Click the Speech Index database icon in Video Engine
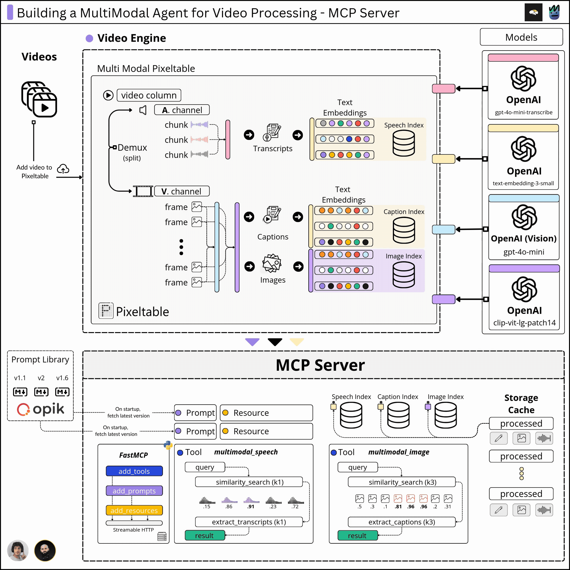point(404,143)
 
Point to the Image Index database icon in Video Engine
point(404,275)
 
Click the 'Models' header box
point(521,37)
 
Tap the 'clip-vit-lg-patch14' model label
point(524,323)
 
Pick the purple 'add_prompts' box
point(134,491)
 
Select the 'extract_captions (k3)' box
point(402,522)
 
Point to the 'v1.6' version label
point(62,378)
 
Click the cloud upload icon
point(63,169)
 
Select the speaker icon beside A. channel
point(143,110)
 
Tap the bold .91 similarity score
point(251,507)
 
